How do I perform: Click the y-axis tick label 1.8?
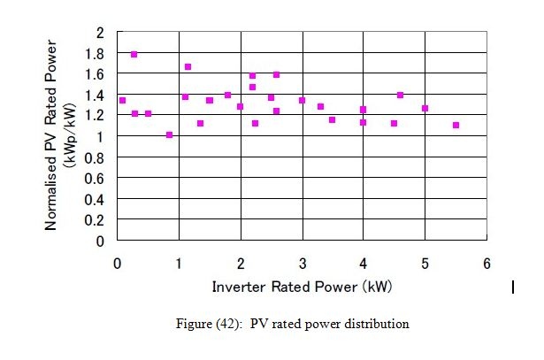pos(98,53)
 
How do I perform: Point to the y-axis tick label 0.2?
pos(98,220)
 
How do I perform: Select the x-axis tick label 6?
pos(486,263)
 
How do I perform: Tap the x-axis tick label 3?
pos(302,263)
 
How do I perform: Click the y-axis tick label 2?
pos(102,33)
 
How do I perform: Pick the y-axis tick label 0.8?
pos(98,157)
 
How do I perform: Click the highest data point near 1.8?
pos(134,55)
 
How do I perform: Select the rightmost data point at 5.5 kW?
pos(456,126)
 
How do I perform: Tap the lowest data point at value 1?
pos(169,135)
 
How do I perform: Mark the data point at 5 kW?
pos(425,109)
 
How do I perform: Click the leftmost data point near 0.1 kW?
pos(122,101)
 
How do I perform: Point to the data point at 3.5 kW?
pos(332,119)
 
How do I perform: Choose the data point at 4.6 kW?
pos(400,95)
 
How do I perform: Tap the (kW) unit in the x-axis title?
pos(375,287)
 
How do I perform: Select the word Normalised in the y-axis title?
pos(51,190)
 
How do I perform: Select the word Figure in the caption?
pos(195,324)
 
